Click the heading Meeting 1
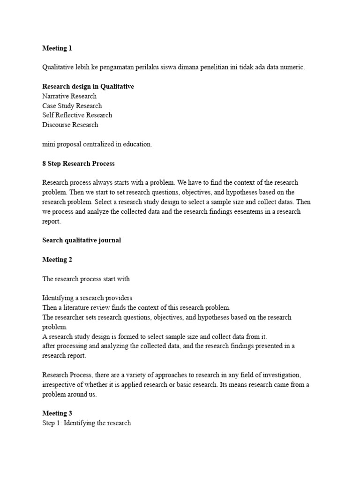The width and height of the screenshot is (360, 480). [x=57, y=48]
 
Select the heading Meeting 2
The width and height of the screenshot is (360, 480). [x=57, y=260]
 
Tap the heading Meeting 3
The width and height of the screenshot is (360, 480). [x=57, y=413]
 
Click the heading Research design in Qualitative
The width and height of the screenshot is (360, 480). [x=88, y=87]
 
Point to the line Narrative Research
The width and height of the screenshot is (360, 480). [x=69, y=96]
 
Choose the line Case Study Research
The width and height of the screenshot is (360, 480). [x=72, y=106]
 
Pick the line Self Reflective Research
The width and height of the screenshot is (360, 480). [x=77, y=115]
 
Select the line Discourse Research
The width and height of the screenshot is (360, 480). [x=70, y=125]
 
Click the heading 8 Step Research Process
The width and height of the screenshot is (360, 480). [x=78, y=164]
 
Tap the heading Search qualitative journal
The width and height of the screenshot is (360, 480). [x=82, y=240]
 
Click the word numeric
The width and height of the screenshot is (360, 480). [x=291, y=67]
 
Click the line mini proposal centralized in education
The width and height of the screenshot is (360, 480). [x=97, y=144]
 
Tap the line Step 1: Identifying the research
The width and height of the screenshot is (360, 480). [x=87, y=423]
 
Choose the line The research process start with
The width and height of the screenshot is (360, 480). [x=86, y=279]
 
